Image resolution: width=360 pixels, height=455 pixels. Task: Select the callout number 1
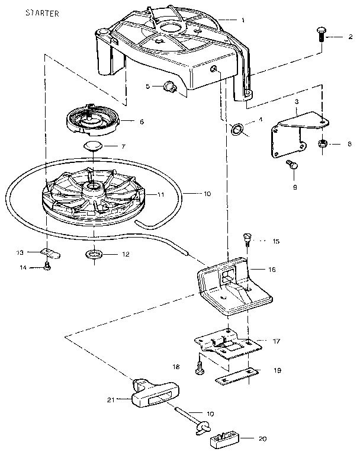[242, 20]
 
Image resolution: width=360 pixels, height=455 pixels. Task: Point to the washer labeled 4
[236, 129]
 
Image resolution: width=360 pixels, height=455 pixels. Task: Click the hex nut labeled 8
[323, 144]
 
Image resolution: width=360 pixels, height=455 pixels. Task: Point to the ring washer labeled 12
[93, 255]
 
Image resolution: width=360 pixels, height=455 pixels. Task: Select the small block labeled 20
[224, 440]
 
